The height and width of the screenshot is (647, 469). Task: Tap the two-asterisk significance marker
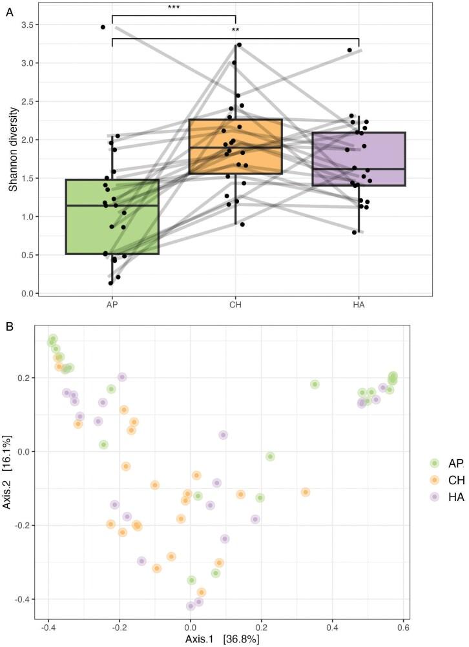pos(236,31)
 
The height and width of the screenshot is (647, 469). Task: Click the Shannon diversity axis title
pos(13,150)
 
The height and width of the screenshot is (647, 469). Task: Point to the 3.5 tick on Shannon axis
pos(29,25)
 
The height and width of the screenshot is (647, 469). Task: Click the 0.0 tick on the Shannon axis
pos(29,293)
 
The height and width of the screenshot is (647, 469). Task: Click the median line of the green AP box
pos(112,205)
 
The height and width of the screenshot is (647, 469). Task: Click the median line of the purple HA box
pos(359,169)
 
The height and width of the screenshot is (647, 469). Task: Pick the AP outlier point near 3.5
pos(103,27)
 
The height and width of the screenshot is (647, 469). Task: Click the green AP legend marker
pos(435,463)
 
